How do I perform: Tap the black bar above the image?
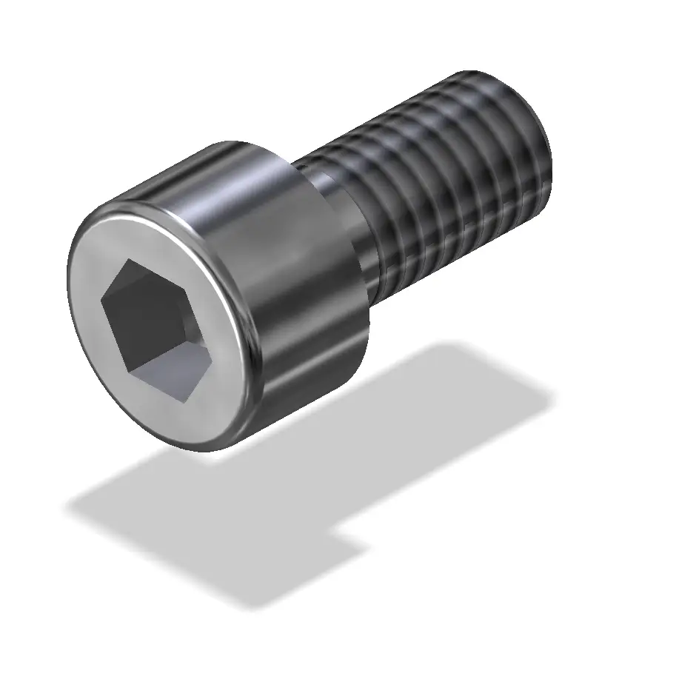tap(339, 30)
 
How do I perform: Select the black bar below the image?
tap(339, 650)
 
